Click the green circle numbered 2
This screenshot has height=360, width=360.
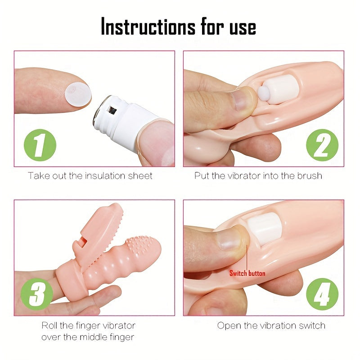[322, 145]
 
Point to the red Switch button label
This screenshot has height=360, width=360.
[247, 273]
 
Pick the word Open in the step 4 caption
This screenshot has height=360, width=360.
[228, 325]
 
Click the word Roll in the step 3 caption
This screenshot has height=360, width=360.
[50, 325]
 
